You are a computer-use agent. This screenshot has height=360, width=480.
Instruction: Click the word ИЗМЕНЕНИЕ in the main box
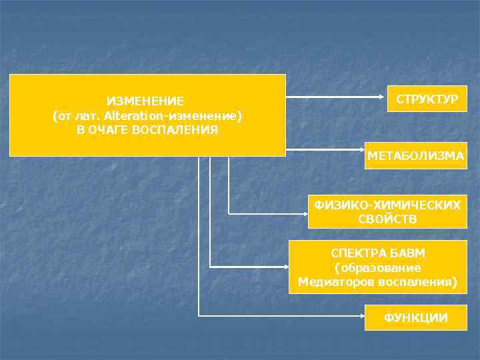coord(145,101)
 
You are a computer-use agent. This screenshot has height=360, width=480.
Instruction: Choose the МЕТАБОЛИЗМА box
coord(416,156)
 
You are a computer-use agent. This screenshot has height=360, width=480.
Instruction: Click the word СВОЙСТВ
coord(387,219)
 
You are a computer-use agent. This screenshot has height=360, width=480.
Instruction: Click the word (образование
coord(378,267)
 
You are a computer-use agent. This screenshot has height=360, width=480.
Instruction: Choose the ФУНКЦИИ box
coord(416,318)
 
